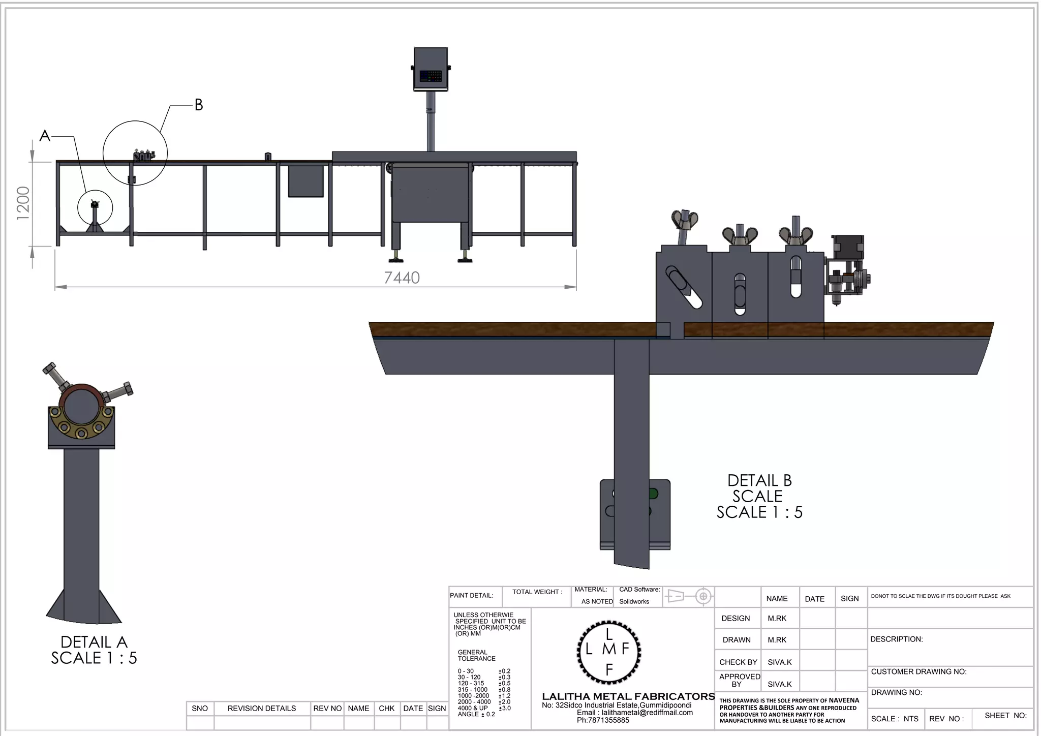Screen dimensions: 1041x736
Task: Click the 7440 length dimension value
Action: [x=402, y=278]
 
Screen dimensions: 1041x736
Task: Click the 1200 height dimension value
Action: [x=23, y=203]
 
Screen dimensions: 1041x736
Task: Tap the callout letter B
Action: [x=199, y=105]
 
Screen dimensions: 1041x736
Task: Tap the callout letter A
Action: [x=45, y=136]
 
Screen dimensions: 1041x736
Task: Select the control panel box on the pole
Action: [x=431, y=69]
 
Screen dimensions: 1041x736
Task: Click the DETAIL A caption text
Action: [x=94, y=642]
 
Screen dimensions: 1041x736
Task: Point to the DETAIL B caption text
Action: [x=759, y=480]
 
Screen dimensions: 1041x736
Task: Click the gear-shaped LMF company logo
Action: [x=609, y=652]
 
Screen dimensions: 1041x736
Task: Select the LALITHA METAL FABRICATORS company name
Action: [x=628, y=696]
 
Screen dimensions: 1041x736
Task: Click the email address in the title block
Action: [x=635, y=713]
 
